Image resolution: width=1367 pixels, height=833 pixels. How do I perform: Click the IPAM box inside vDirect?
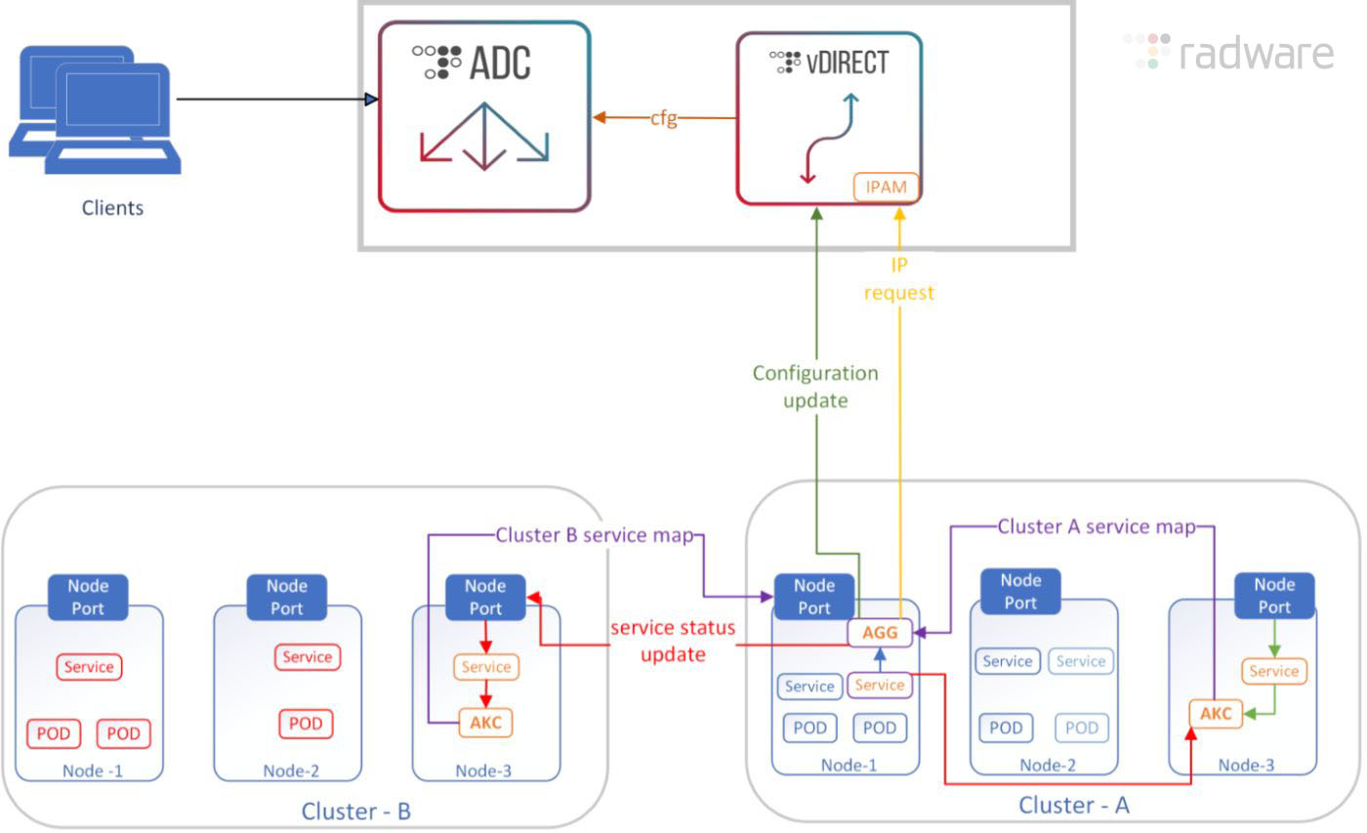pyautogui.click(x=886, y=187)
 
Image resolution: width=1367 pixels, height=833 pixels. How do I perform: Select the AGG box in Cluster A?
pyautogui.click(x=879, y=633)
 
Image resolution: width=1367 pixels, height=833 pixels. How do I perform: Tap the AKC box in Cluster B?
pyautogui.click(x=485, y=723)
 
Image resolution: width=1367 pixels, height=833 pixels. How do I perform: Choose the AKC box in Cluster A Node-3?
pyautogui.click(x=1215, y=714)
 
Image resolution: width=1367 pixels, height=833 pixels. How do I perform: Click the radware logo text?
pyautogui.click(x=1256, y=53)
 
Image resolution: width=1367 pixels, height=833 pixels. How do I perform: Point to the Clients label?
pyautogui.click(x=112, y=208)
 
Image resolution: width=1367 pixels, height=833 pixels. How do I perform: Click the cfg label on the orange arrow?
pyautogui.click(x=664, y=118)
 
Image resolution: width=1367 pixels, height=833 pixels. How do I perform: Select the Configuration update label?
pyautogui.click(x=815, y=387)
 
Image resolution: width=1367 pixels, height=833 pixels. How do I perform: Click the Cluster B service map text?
pyautogui.click(x=594, y=535)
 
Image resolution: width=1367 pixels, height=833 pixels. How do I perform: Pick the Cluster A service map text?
pyautogui.click(x=1096, y=527)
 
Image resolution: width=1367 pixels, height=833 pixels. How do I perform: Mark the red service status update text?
pyautogui.click(x=673, y=641)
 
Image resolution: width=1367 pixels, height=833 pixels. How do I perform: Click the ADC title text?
pyautogui.click(x=500, y=63)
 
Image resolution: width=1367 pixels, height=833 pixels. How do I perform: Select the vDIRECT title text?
pyautogui.click(x=846, y=63)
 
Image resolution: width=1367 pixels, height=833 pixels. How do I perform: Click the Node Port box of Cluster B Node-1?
pyautogui.click(x=88, y=598)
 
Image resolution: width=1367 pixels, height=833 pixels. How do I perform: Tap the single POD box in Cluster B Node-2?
pyautogui.click(x=306, y=724)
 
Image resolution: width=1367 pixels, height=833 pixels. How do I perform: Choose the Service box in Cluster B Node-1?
pyautogui.click(x=90, y=668)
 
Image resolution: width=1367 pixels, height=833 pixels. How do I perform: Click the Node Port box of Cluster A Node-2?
pyautogui.click(x=1020, y=592)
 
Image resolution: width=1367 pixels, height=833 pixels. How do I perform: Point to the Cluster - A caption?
pyautogui.click(x=1073, y=806)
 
